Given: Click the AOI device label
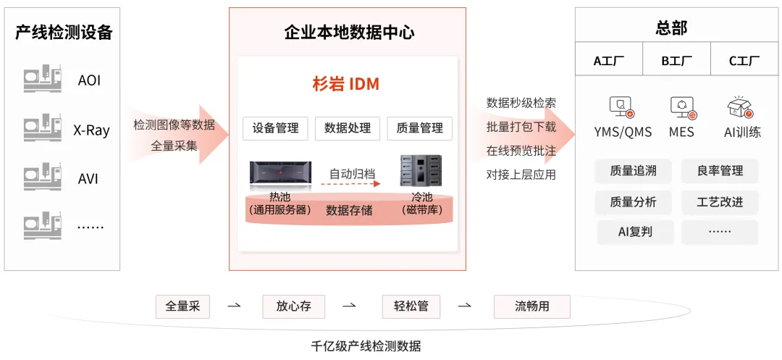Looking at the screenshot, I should tap(89, 80).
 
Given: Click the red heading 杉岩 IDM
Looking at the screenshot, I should tap(345, 85).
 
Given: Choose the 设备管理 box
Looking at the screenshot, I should tap(275, 128).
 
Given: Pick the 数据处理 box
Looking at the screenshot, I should tap(348, 128).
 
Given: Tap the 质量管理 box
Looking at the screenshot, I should tap(420, 128).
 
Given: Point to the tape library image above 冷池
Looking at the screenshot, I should tap(421, 171).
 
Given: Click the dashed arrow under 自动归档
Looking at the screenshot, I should tap(351, 185).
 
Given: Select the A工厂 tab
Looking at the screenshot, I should tap(609, 61).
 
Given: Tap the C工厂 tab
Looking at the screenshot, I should tap(744, 61).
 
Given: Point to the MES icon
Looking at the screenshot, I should tap(682, 108).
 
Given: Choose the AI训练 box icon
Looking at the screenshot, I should tap(741, 108).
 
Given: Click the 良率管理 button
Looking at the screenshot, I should tap(720, 171).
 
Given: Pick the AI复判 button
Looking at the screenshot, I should tap(635, 232).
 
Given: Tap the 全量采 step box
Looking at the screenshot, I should tap(182, 306).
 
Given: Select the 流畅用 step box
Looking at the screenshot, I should tap(531, 306).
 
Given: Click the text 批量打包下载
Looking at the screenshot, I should tap(521, 127).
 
